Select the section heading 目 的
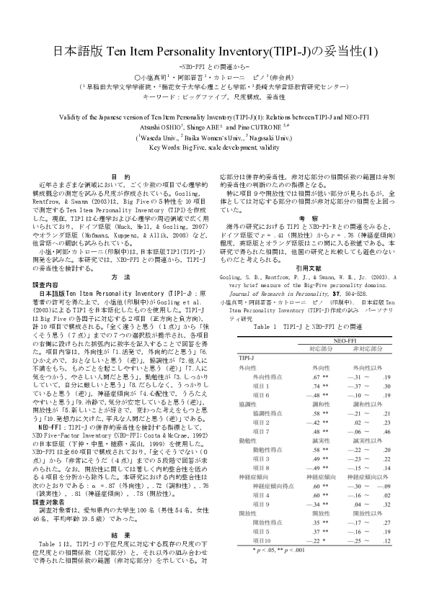pyautogui.click(x=122, y=177)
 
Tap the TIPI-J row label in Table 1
pyautogui.click(x=246, y=358)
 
